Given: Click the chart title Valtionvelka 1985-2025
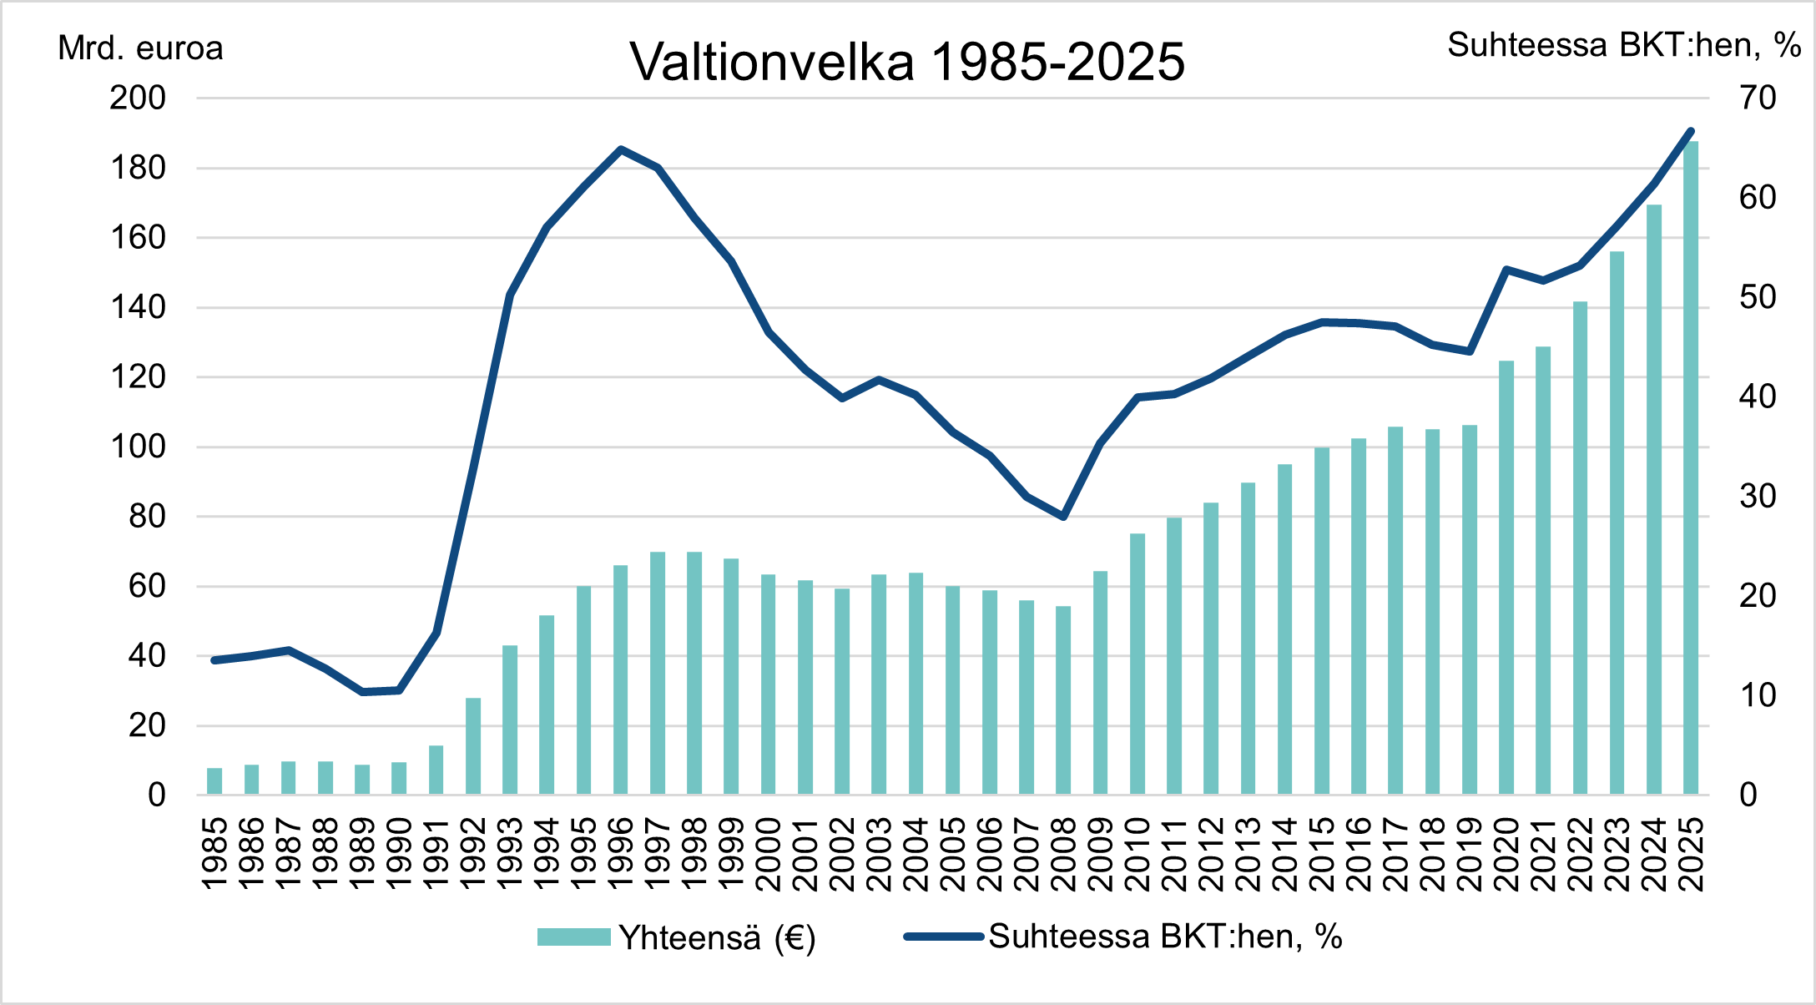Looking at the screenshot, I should [907, 62].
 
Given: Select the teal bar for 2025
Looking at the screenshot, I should [1691, 467].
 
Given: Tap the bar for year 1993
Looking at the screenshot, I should [510, 720].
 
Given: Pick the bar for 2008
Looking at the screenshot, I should [1063, 700].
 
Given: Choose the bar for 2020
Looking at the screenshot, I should [1506, 578].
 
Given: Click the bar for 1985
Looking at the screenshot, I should [214, 781].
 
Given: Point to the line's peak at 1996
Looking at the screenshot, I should [621, 150].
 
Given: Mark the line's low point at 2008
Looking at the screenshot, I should [1063, 517].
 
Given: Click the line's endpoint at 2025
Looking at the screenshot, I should [1691, 131].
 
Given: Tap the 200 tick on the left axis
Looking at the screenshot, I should [138, 98].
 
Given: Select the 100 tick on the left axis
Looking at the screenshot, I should [138, 447].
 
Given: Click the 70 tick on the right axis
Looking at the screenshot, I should [1758, 98].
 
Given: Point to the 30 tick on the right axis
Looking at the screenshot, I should [1758, 497].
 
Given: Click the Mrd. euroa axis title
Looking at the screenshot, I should [140, 48].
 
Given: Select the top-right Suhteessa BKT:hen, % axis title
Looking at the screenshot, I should [1623, 45].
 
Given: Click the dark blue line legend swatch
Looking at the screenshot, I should [943, 937].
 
